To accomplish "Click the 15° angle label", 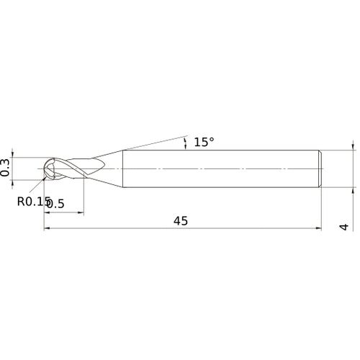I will [x=204, y=142].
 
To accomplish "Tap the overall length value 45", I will [x=180, y=221].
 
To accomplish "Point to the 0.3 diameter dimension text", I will [x=6, y=168].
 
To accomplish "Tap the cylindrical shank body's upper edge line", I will [x=216, y=149].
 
